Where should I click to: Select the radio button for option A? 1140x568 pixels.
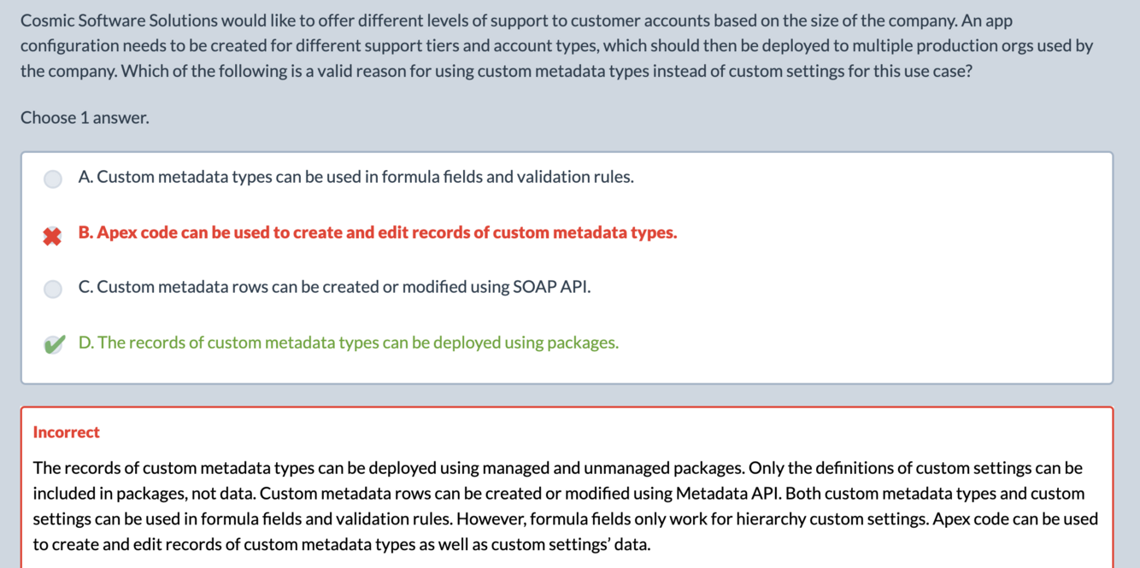point(53,179)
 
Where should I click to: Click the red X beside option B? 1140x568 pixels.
point(53,236)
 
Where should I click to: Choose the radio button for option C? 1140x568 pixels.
point(53,289)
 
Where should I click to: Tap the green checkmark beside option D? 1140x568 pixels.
point(53,344)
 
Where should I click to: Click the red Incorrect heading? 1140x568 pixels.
point(66,432)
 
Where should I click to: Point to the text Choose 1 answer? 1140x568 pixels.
point(85,118)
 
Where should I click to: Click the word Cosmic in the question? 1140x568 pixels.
point(47,20)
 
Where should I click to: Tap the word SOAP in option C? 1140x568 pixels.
point(534,287)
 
